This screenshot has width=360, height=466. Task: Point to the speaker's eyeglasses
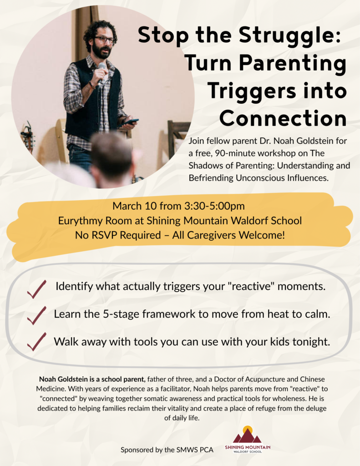point(104,40)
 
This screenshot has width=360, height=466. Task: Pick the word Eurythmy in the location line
point(77,221)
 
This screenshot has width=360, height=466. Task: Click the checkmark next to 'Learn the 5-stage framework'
point(36,314)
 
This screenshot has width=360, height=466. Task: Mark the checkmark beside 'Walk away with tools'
point(36,341)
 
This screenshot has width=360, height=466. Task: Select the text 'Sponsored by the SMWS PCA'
point(167,450)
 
